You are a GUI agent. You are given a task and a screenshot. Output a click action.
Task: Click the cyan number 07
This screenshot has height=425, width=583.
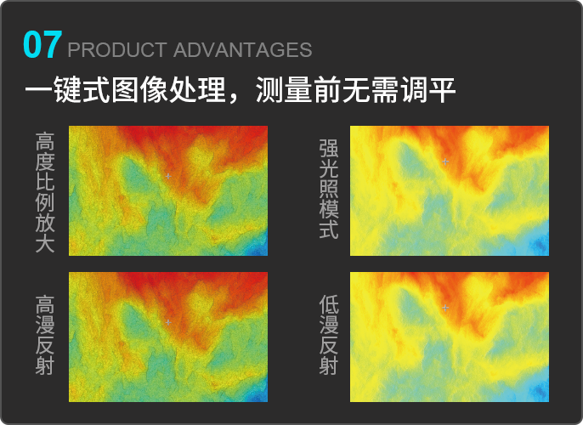pos(42,45)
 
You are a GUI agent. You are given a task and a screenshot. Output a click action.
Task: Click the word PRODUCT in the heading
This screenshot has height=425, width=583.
pos(117,50)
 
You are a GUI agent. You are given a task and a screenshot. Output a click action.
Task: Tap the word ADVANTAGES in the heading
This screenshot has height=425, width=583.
pos(242,50)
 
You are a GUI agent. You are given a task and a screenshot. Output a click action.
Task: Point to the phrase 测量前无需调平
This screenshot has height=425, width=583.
pos(356,90)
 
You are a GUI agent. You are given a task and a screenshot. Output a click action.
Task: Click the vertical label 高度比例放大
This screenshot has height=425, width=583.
pos(45,192)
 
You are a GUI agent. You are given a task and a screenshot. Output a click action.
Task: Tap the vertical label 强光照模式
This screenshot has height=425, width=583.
pos(329,189)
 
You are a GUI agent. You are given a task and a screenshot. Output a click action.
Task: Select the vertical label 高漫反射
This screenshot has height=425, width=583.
pos(45,335)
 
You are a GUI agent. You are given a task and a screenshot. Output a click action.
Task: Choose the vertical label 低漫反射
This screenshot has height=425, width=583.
pos(329,335)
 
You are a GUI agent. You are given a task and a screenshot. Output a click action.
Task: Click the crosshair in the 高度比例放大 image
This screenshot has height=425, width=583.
pos(168,176)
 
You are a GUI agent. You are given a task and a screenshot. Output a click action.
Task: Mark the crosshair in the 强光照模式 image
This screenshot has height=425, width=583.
pos(445,161)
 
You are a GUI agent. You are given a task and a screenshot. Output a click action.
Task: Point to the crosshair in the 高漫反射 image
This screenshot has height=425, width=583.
pos(168,322)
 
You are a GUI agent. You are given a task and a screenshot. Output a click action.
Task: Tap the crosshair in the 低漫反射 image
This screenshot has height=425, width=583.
pos(445,308)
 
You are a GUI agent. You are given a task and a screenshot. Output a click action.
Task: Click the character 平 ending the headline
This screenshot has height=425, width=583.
pos(443,90)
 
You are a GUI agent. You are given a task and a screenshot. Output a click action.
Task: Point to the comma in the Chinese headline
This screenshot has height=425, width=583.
pos(234,99)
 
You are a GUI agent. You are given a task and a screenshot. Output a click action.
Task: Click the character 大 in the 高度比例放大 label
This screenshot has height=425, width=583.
pos(45,243)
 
